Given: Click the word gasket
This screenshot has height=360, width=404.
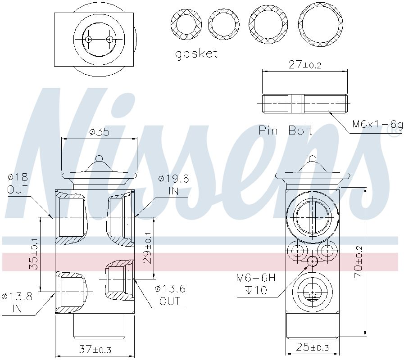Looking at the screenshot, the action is pos(196,54).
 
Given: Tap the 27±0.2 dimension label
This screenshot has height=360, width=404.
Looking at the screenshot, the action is pos(305,64).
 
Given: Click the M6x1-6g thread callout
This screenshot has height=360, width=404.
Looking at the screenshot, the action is pos(377,125).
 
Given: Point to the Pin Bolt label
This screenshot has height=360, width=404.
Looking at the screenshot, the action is pos(286,130).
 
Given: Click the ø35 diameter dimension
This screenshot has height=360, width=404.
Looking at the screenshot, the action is pos(100,132).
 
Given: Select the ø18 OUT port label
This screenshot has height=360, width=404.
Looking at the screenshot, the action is pos(18,183).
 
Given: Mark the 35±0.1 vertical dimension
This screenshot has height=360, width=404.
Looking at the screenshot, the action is pos(33,254).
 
